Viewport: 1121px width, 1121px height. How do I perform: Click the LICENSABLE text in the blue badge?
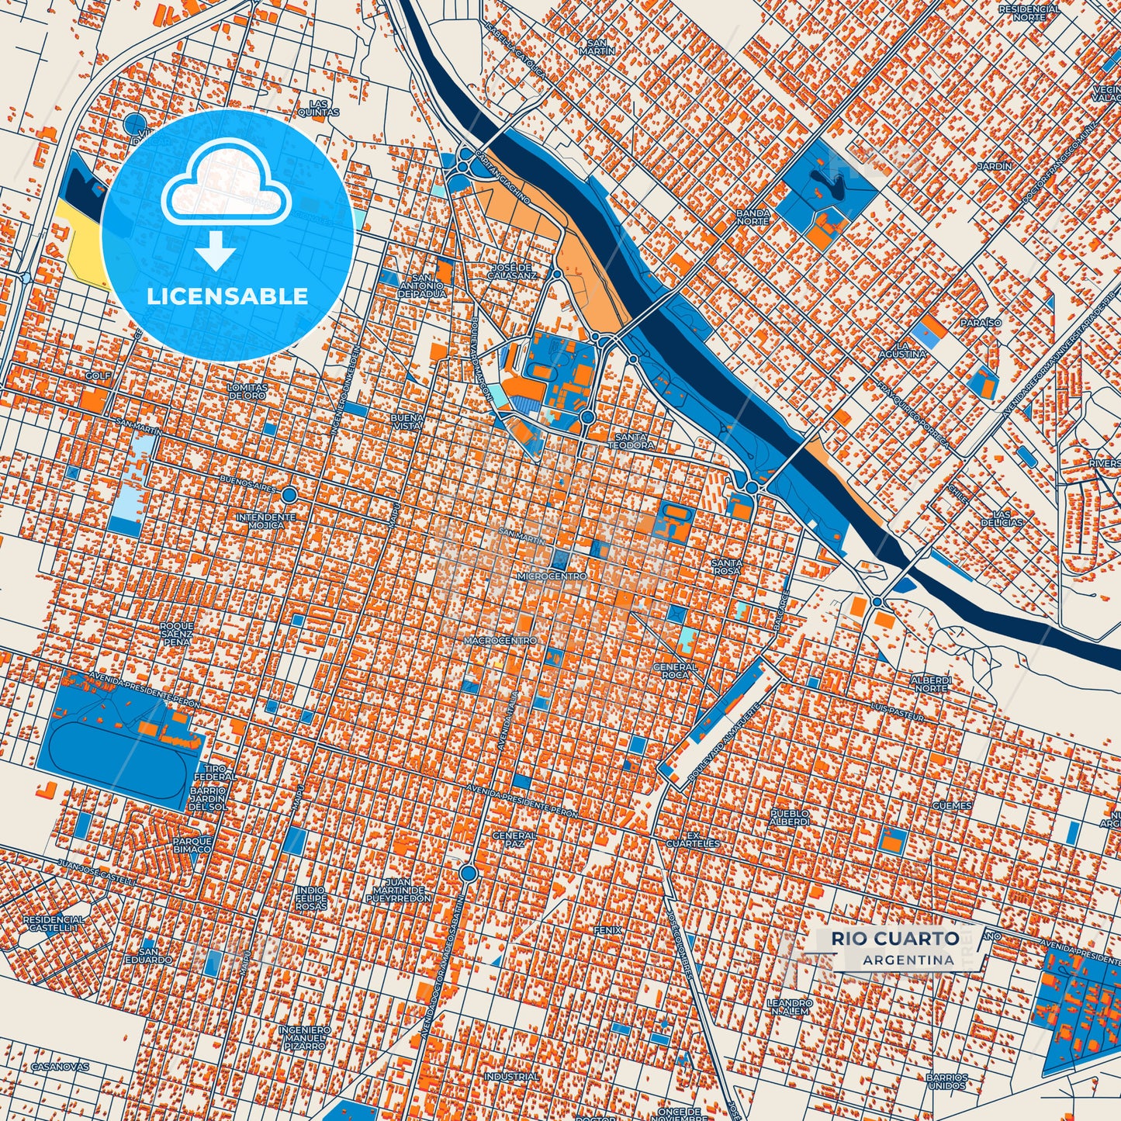click(x=227, y=296)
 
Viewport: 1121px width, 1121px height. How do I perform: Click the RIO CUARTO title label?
click(x=895, y=938)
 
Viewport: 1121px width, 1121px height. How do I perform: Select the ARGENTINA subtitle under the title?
click(x=908, y=960)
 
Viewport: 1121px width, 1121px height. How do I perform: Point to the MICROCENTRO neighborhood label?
click(x=552, y=577)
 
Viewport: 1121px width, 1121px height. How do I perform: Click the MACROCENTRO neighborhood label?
click(x=500, y=641)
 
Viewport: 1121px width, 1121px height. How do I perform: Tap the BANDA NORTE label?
click(x=753, y=217)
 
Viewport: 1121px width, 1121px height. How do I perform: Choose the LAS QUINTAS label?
click(x=319, y=108)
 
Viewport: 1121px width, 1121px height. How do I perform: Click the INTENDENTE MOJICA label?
click(x=266, y=521)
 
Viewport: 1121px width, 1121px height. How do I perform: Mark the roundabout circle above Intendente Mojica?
click(x=289, y=494)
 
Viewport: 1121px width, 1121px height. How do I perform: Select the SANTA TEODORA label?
click(x=630, y=441)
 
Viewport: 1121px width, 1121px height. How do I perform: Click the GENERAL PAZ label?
click(x=514, y=839)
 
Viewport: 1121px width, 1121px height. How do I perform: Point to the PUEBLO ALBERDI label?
click(x=790, y=818)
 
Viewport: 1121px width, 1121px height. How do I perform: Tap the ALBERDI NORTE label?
click(x=931, y=683)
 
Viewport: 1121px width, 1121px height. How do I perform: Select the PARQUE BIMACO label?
click(x=192, y=845)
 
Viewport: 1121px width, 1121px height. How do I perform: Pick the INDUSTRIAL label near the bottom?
click(x=511, y=1077)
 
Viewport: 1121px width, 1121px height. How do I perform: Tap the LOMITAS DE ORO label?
click(x=247, y=391)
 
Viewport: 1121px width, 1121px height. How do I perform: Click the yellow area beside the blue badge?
click(x=84, y=248)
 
